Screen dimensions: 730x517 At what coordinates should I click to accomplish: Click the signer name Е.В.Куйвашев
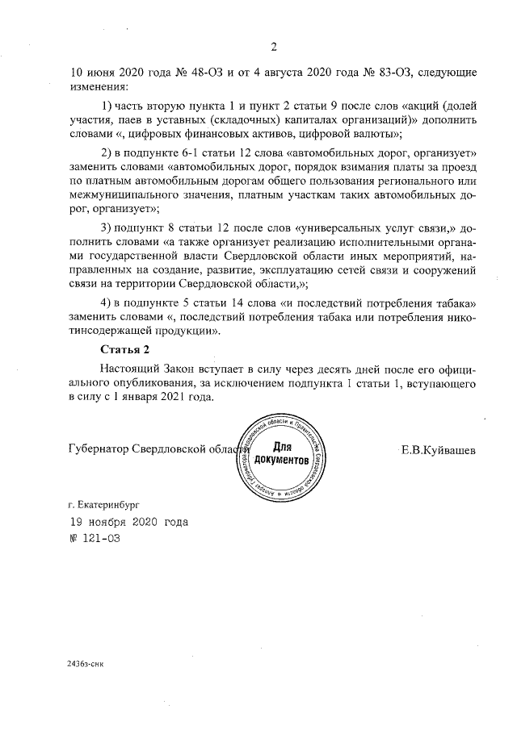coord(438,450)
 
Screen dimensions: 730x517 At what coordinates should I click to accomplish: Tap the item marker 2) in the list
coord(105,153)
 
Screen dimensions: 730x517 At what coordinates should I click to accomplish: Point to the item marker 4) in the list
coord(105,302)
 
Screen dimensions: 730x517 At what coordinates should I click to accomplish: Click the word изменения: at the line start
coord(100,86)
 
